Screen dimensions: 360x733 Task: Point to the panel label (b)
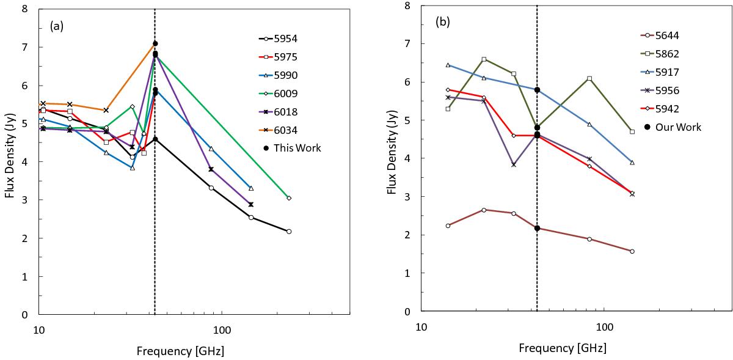click(x=443, y=22)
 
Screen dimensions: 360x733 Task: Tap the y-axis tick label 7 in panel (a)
click(x=24, y=47)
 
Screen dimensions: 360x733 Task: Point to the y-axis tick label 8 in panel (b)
click(x=406, y=6)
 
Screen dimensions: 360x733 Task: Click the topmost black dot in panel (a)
click(x=155, y=43)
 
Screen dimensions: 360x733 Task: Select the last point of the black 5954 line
click(x=289, y=231)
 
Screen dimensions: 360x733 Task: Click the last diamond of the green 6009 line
click(x=289, y=198)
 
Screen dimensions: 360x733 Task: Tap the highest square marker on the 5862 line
click(x=484, y=59)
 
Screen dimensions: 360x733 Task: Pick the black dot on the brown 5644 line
click(x=537, y=228)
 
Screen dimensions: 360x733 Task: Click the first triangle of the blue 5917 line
click(x=448, y=65)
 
